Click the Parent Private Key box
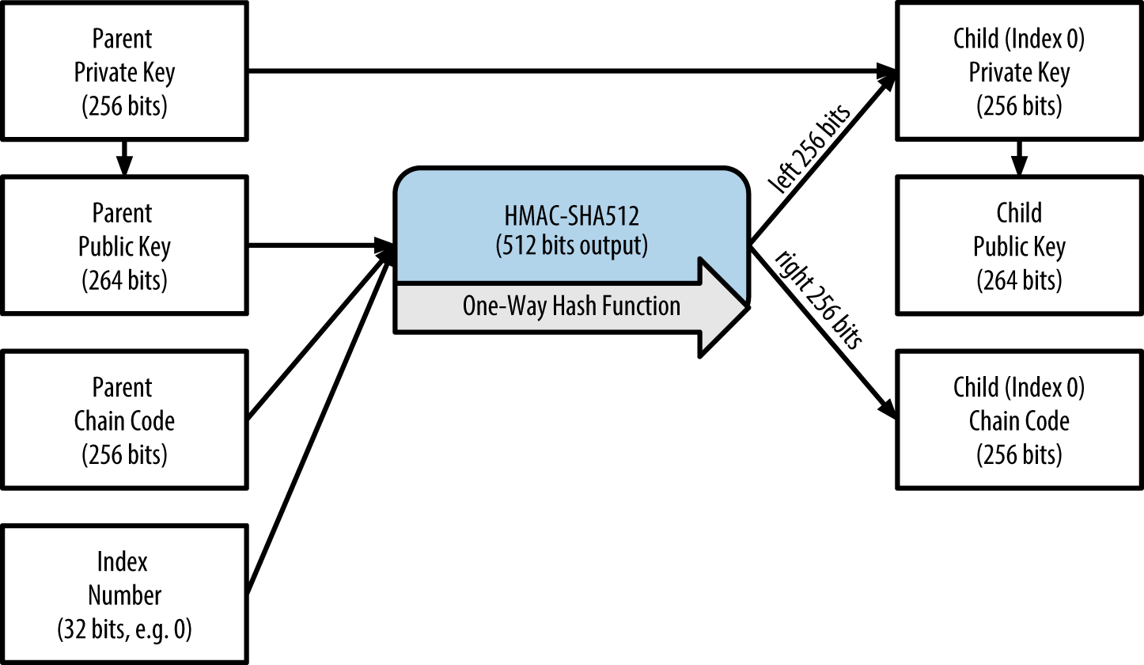pos(124,72)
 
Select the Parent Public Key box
pos(124,246)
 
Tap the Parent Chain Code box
pos(124,420)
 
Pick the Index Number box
pos(124,595)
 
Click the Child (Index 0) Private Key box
pos(1019,72)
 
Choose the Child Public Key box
pos(1019,246)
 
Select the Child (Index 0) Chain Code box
pos(1019,420)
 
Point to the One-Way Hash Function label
pos(571,306)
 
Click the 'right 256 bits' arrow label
pos(818,299)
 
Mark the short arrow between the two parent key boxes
pos(123,158)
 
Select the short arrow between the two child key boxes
pos(1019,158)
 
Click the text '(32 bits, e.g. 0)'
pos(124,629)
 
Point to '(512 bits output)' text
pos(571,246)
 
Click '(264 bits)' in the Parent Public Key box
pos(124,281)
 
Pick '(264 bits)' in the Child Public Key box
pos(1019,281)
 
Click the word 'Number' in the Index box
pos(124,595)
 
